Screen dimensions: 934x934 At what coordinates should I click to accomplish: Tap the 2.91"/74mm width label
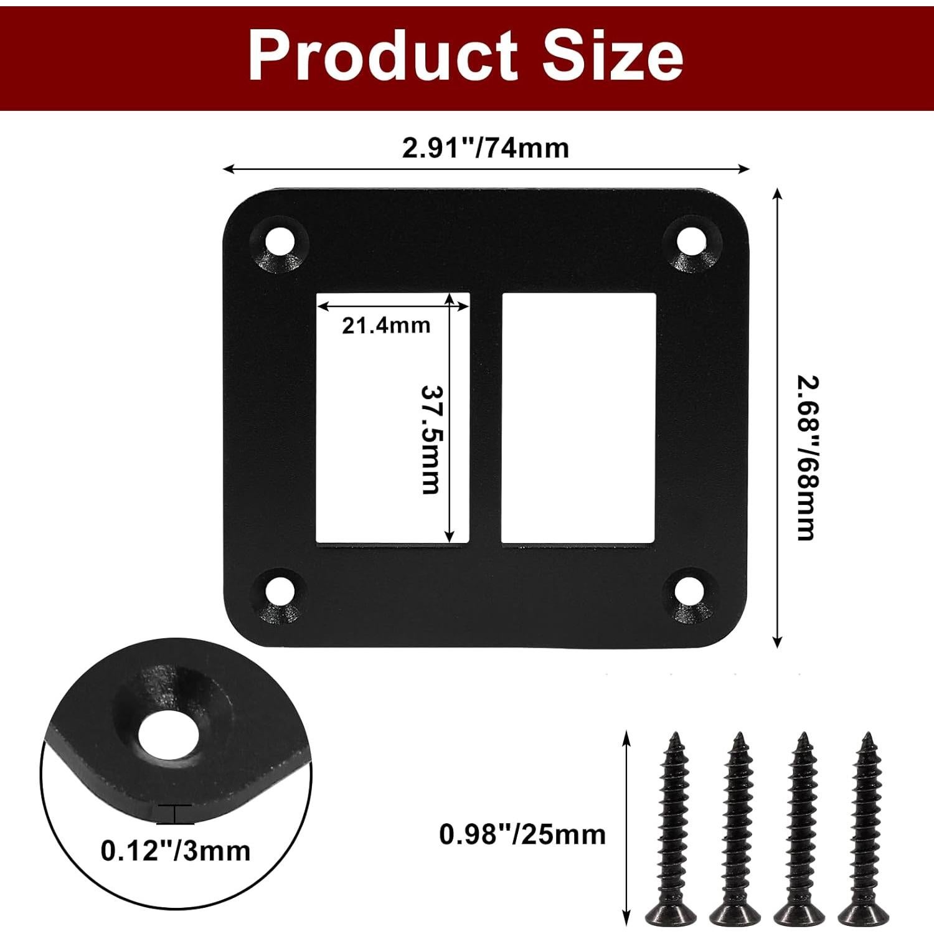pos(485,149)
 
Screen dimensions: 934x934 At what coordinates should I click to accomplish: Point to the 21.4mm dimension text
pos(386,325)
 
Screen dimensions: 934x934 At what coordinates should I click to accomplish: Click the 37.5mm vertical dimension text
pos(430,440)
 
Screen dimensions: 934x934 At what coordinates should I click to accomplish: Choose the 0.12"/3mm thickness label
pos(176,851)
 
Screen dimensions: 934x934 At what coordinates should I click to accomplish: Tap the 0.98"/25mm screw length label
pos(522,834)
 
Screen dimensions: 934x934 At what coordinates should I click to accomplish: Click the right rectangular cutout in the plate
pos(578,417)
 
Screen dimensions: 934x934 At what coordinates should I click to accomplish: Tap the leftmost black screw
pos(675,828)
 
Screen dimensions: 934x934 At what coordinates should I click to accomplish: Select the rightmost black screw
pos(866,828)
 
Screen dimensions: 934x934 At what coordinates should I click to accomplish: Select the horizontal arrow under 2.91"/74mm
pos(486,169)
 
